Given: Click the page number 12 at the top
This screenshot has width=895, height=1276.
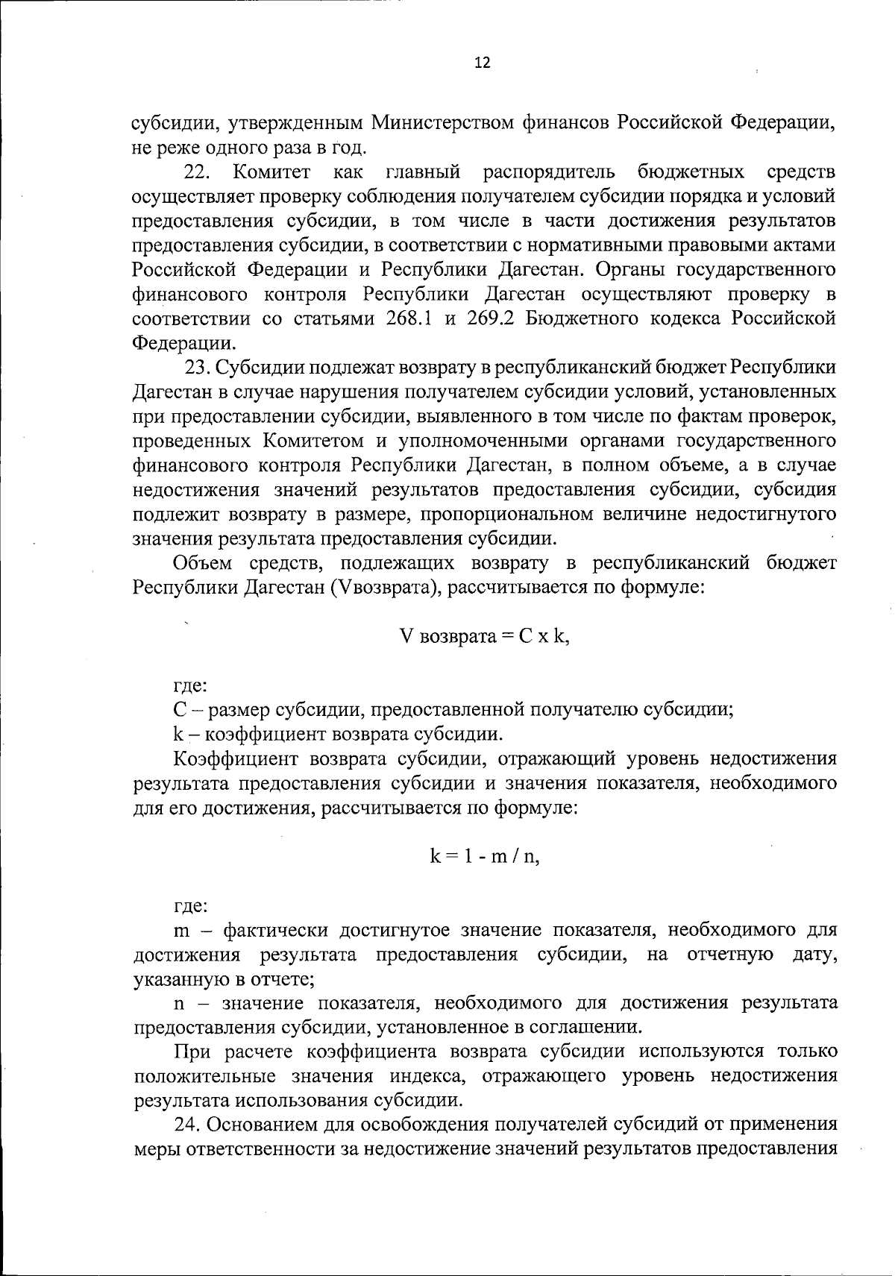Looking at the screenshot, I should click(483, 63).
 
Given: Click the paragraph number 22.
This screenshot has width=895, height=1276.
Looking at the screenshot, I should click(198, 172).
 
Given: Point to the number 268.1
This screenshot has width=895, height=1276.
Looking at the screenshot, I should click(409, 318).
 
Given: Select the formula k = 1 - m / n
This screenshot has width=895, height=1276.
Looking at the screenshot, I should click(484, 857).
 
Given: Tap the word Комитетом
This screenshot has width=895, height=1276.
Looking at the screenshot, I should click(313, 441).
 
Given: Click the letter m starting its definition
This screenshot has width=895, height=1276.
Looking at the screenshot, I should click(180, 931).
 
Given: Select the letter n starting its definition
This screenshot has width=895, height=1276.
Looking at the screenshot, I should click(179, 1003).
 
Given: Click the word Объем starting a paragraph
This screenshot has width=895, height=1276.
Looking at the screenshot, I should click(201, 563).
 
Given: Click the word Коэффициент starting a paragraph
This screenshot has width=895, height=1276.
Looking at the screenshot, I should click(236, 759).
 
